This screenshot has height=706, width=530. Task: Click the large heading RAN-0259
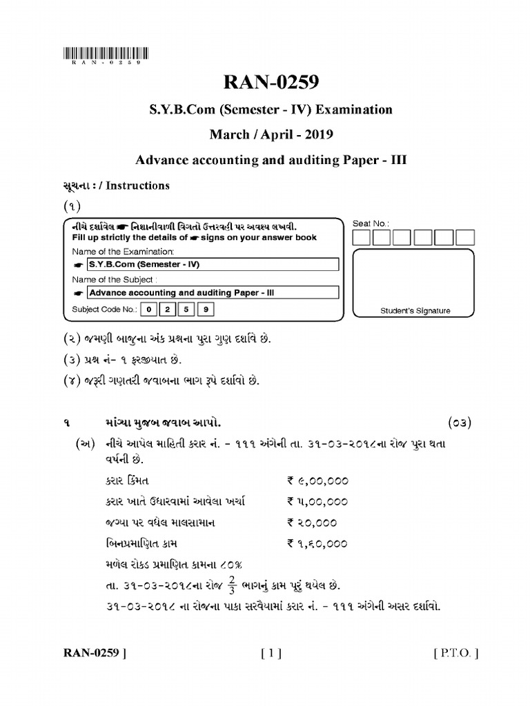click(270, 83)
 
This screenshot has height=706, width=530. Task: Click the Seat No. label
click(371, 223)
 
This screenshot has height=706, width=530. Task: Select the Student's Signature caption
click(415, 311)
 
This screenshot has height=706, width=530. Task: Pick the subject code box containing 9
click(205, 310)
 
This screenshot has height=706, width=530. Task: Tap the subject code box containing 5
click(186, 310)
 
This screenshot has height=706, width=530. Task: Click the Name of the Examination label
click(124, 252)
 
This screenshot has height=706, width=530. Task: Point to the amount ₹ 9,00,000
click(317, 481)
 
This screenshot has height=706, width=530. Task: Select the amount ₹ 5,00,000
click(317, 502)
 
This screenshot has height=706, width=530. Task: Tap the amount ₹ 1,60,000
click(317, 544)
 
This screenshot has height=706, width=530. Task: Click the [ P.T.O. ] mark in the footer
click(455, 653)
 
